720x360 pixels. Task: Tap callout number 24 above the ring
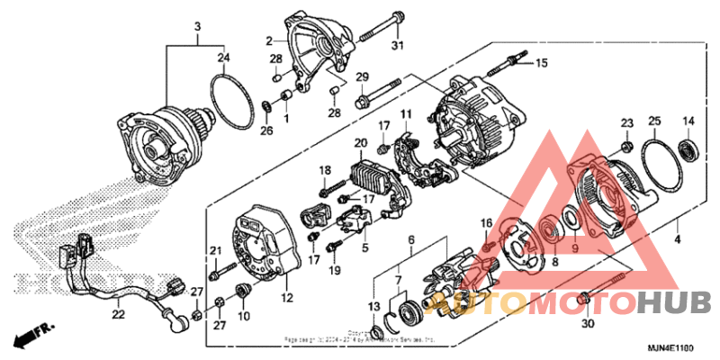pyautogui.click(x=222, y=58)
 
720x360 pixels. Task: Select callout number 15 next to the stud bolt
pyautogui.click(x=541, y=63)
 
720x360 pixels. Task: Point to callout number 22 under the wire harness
pyautogui.click(x=119, y=314)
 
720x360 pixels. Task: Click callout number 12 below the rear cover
pyautogui.click(x=287, y=298)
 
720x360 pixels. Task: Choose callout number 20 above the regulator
pyautogui.click(x=361, y=143)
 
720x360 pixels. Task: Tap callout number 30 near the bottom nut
pyautogui.click(x=589, y=324)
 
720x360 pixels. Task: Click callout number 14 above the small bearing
pyautogui.click(x=688, y=121)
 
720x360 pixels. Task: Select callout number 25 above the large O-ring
pyautogui.click(x=654, y=121)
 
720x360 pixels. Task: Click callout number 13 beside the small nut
pyautogui.click(x=373, y=307)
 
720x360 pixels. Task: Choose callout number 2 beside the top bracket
pyautogui.click(x=268, y=40)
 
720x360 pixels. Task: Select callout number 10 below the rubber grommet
pyautogui.click(x=242, y=316)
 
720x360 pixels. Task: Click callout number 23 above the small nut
pyautogui.click(x=627, y=121)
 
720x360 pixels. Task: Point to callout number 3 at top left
pyautogui.click(x=197, y=26)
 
